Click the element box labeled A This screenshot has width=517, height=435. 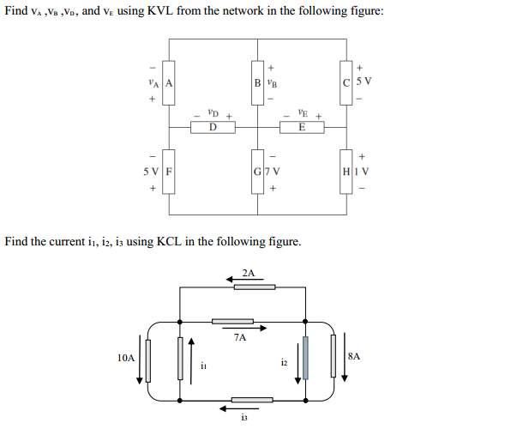[169, 83]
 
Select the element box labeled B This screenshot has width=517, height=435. [257, 83]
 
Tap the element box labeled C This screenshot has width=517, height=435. [346, 83]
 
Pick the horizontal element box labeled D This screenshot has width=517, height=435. [213, 127]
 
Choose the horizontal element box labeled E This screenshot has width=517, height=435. [302, 127]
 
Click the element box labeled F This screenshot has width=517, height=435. [169, 172]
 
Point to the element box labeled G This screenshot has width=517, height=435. [257, 172]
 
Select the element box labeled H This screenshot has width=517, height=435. [346, 172]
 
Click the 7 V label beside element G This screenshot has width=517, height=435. [273, 172]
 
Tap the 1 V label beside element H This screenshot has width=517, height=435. [361, 172]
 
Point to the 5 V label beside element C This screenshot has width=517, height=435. [364, 81]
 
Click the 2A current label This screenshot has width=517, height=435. [249, 274]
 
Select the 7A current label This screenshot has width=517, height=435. [240, 337]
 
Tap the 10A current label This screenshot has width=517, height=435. [126, 358]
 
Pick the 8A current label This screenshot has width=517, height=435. [354, 356]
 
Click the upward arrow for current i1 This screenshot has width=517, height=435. [191, 361]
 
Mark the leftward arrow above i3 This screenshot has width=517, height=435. [239, 408]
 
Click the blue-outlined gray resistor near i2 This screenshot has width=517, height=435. [305, 358]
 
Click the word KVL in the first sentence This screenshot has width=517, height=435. [160, 11]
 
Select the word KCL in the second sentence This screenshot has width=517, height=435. [169, 242]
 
